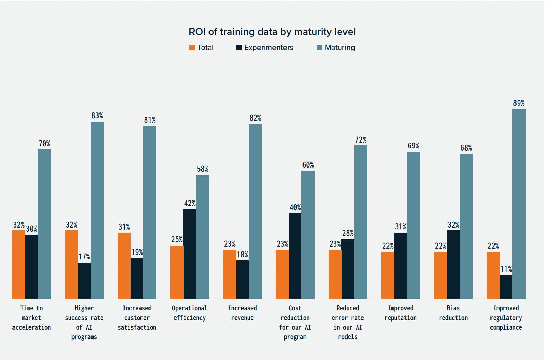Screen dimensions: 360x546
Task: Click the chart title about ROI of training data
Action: coord(272,32)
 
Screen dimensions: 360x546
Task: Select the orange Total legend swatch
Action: coord(192,48)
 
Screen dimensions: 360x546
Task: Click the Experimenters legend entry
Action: coord(265,48)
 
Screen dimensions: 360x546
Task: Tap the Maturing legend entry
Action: coord(336,48)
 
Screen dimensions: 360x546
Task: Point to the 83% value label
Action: coord(97,115)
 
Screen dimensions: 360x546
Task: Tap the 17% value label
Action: coord(84,257)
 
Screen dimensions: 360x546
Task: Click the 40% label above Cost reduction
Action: coord(295,207)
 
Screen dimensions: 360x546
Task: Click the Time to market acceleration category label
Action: coord(32,317)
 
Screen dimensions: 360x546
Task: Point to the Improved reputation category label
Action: coord(400,312)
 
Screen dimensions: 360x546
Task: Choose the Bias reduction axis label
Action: coord(453,312)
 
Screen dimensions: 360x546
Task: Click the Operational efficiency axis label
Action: coord(189,312)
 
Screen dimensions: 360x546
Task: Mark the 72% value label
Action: coord(361,140)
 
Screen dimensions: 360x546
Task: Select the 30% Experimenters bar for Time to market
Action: coord(32,267)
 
